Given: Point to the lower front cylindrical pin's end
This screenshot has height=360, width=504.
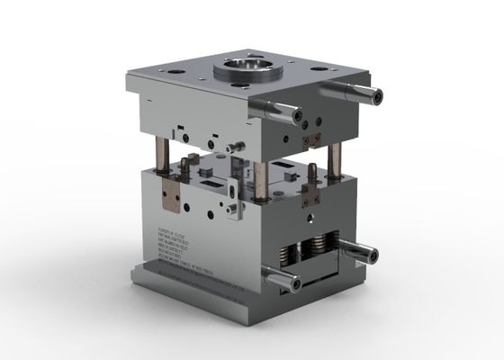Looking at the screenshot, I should (294, 283).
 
